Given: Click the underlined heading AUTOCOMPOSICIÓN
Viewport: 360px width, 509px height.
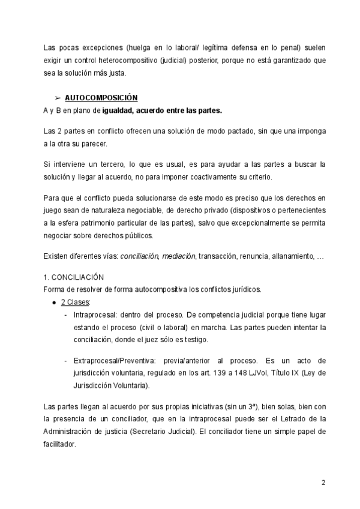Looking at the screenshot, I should point(101,97).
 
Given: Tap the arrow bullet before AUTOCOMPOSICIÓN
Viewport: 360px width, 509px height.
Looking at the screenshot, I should point(57,97).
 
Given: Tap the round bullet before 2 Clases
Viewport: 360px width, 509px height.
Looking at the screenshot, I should point(55,302).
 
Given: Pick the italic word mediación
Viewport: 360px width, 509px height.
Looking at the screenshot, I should point(178,256).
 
